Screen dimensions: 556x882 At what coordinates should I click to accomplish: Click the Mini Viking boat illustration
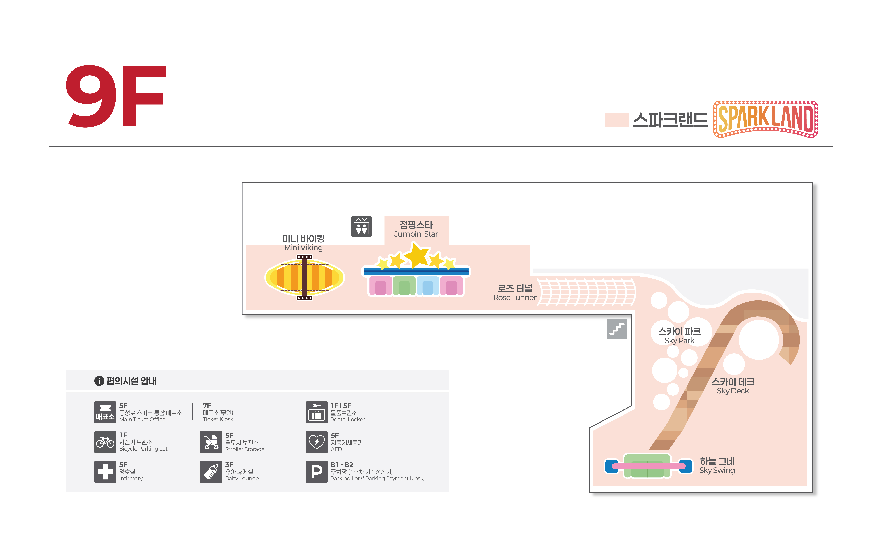click(304, 277)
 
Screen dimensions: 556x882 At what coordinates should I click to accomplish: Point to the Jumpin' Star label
click(416, 229)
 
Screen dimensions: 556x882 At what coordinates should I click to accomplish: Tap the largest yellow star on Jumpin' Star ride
click(416, 255)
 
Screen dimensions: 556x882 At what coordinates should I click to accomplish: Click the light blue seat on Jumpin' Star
click(427, 286)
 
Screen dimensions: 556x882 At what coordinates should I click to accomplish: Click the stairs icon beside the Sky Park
click(617, 329)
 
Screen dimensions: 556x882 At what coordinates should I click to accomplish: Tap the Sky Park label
click(679, 335)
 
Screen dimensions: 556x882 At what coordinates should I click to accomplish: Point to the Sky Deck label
click(733, 386)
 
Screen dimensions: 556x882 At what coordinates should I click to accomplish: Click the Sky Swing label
click(717, 466)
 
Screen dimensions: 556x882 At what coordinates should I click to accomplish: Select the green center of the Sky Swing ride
click(647, 466)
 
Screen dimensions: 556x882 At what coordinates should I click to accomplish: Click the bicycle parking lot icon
click(105, 442)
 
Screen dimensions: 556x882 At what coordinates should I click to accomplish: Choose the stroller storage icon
click(211, 442)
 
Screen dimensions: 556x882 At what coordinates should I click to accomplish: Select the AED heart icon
click(316, 442)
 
